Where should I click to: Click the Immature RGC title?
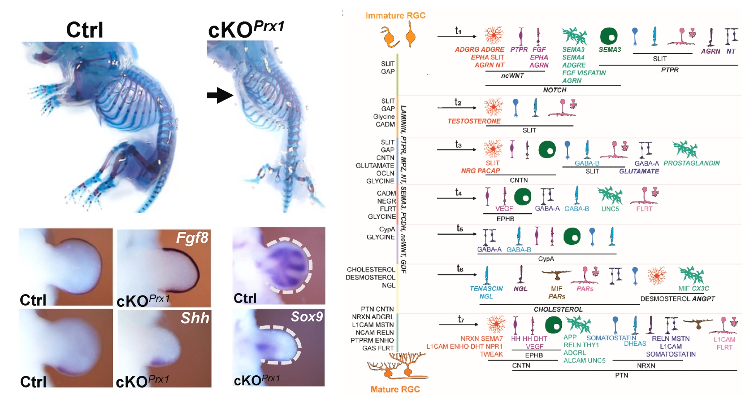point(395,15)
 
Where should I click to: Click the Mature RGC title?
point(395,389)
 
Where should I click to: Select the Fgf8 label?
point(192,238)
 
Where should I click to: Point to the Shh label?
point(195,318)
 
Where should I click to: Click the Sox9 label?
point(307,317)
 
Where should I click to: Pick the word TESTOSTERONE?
point(474,121)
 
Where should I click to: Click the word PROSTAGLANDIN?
point(691,163)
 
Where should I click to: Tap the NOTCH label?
point(555,90)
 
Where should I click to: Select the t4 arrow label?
point(458,192)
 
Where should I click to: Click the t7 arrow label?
point(461,319)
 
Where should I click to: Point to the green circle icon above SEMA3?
point(608,36)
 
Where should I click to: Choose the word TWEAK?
point(491,354)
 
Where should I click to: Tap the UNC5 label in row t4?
point(610,209)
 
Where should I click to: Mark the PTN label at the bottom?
point(621,375)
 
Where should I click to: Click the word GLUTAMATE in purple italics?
point(639,171)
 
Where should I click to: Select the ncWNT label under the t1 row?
point(512,76)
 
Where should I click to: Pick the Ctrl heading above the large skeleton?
point(84,30)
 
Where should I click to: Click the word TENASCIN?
point(486,288)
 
